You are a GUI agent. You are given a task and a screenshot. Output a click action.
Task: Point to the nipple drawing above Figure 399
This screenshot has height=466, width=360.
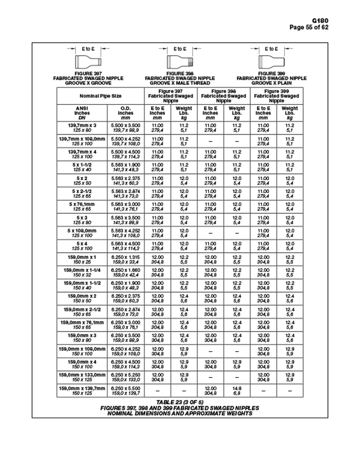272,61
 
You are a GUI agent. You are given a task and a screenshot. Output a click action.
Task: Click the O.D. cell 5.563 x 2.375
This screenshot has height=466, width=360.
125,180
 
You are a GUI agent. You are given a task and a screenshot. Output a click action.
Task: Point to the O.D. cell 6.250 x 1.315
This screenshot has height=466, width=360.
125,259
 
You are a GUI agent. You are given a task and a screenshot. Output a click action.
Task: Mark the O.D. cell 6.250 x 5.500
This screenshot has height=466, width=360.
125,391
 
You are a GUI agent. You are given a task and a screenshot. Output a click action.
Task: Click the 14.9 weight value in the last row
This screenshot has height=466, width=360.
237,388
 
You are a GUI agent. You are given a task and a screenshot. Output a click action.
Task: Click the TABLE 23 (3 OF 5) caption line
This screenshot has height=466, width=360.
180,403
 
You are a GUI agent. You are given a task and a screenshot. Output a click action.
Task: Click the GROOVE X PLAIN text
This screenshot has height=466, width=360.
272,83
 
